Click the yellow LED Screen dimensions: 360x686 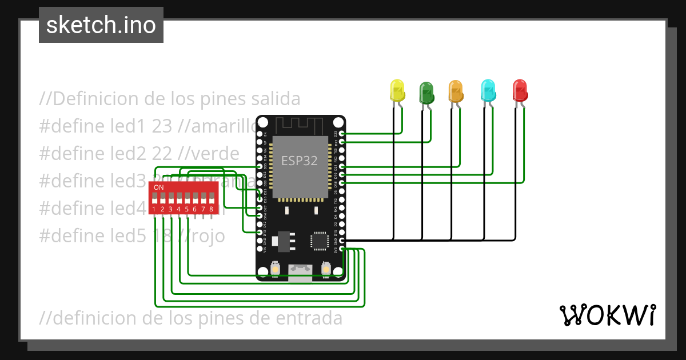tap(397, 90)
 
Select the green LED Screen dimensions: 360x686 tap(426, 91)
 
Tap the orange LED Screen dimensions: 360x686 tap(456, 90)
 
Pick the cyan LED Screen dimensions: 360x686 tap(488, 90)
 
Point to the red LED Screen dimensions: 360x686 tap(520, 90)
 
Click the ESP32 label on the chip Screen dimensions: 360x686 tap(299, 161)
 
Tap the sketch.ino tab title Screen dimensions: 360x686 tap(101, 25)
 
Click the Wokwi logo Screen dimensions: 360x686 tap(607, 315)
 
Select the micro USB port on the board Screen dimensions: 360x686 tap(301, 271)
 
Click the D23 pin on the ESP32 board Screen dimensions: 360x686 tap(342, 134)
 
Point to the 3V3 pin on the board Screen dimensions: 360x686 tap(342, 249)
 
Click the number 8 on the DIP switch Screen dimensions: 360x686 tap(212, 210)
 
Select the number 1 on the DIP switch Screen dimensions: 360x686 tap(154, 210)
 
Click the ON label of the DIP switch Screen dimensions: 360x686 tap(159, 187)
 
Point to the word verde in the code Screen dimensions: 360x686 tap(216, 153)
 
